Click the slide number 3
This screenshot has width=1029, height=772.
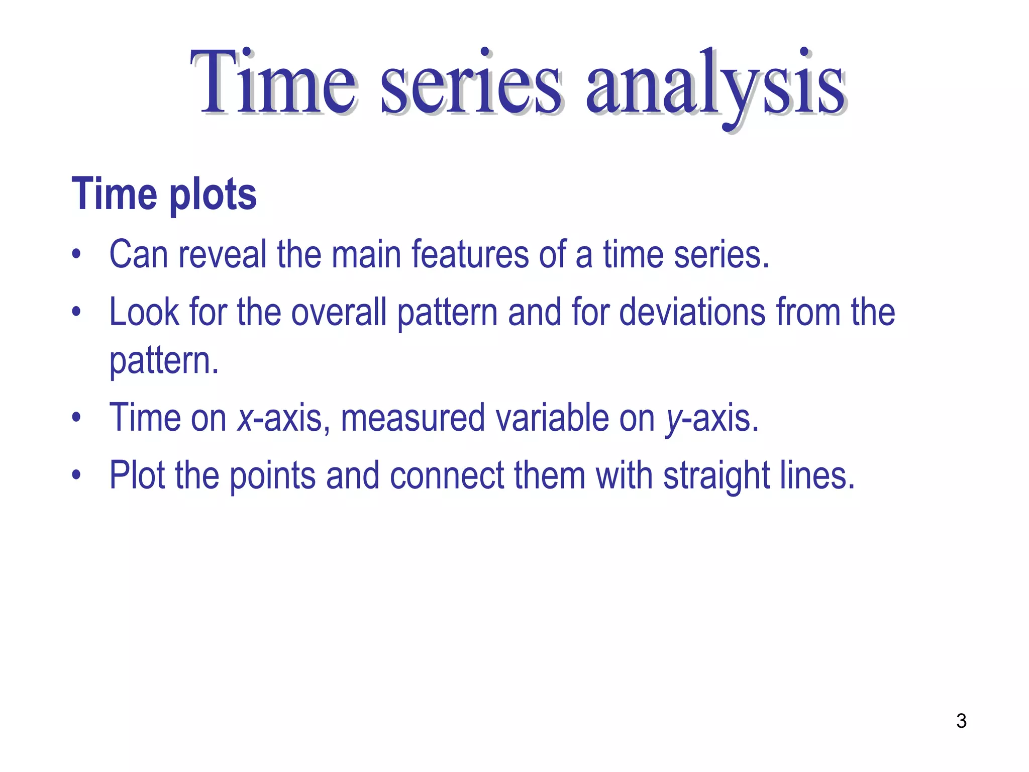(x=961, y=721)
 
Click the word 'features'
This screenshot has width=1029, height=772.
(x=470, y=254)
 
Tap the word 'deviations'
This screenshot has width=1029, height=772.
(x=692, y=312)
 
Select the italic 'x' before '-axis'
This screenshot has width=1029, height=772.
(x=245, y=418)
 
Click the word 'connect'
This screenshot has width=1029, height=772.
(x=447, y=475)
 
